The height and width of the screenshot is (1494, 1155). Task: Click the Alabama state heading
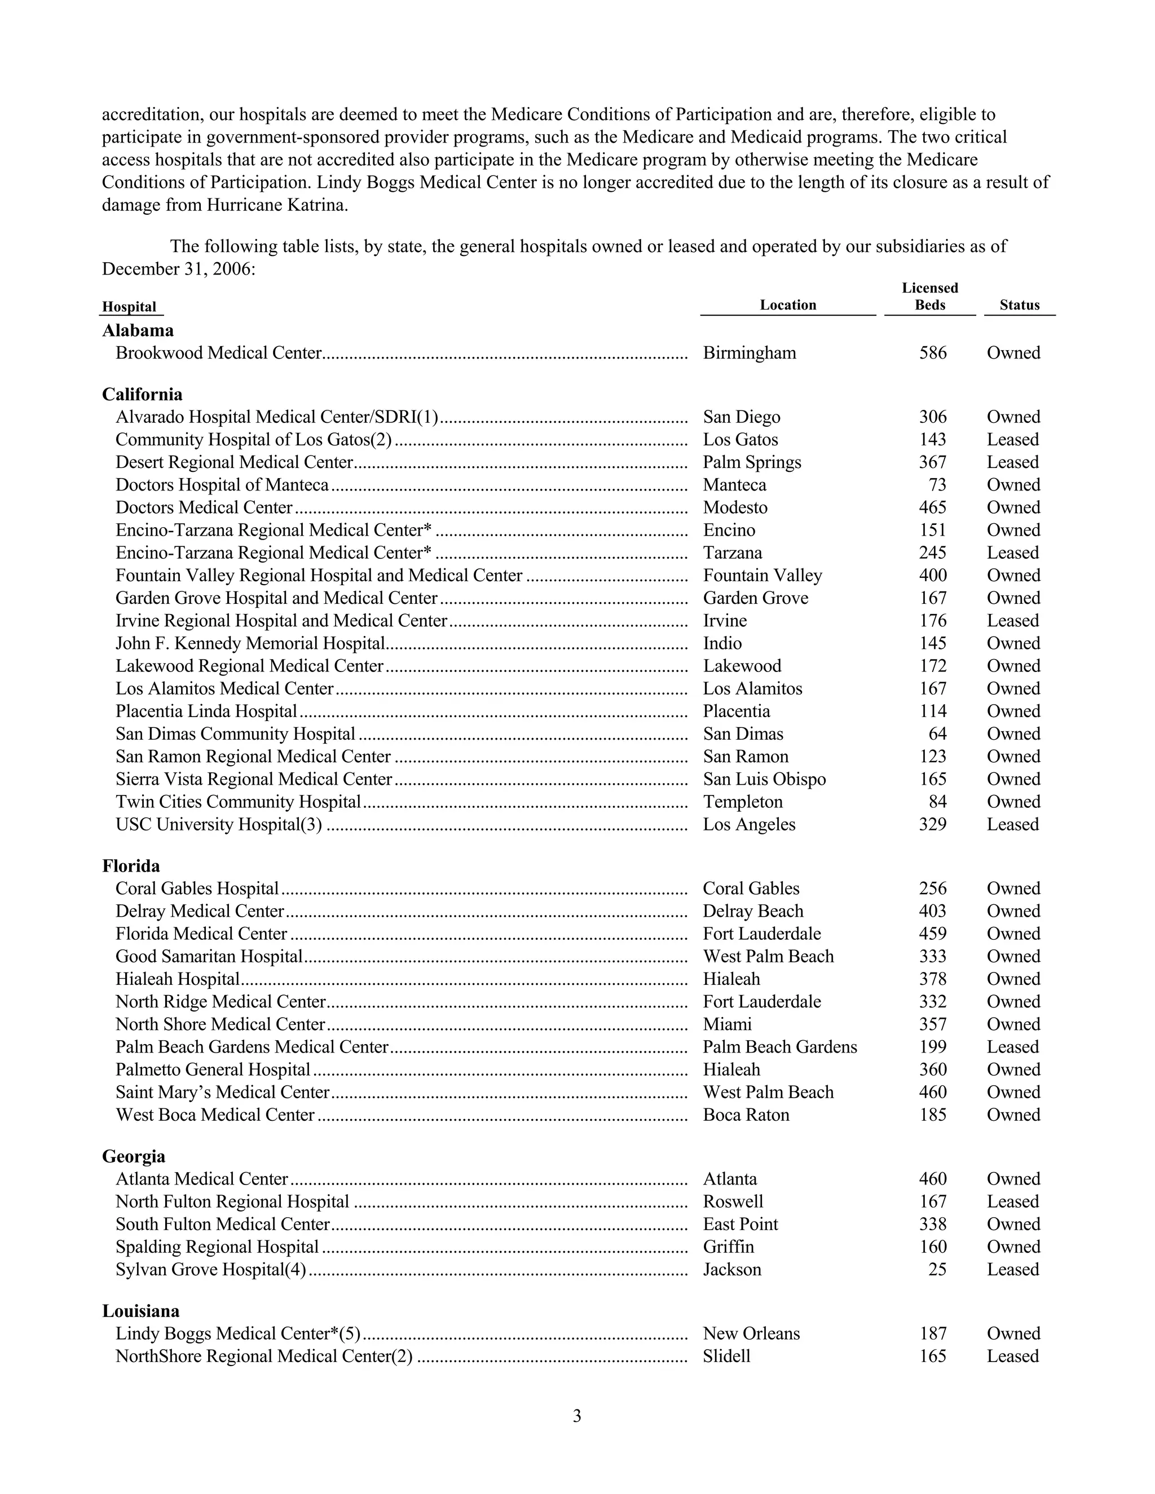138,330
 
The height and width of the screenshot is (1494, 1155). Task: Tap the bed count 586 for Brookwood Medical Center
933,353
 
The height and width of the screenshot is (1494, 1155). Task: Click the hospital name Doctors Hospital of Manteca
222,485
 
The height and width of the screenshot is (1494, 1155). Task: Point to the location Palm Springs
751,462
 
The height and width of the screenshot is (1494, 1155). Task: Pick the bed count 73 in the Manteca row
937,485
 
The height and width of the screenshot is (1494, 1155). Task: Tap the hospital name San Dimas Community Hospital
235,734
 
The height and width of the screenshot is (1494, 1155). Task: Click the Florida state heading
131,866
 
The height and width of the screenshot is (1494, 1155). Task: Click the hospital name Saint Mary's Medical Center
222,1092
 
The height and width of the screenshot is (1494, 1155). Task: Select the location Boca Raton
746,1115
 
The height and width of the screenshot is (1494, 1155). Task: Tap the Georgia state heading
134,1156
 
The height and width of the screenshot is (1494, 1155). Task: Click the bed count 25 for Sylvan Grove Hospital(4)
937,1269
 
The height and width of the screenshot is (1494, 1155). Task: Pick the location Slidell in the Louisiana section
726,1356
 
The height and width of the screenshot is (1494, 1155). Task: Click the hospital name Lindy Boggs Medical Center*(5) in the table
237,1333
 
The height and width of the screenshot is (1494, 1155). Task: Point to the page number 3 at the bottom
577,1416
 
